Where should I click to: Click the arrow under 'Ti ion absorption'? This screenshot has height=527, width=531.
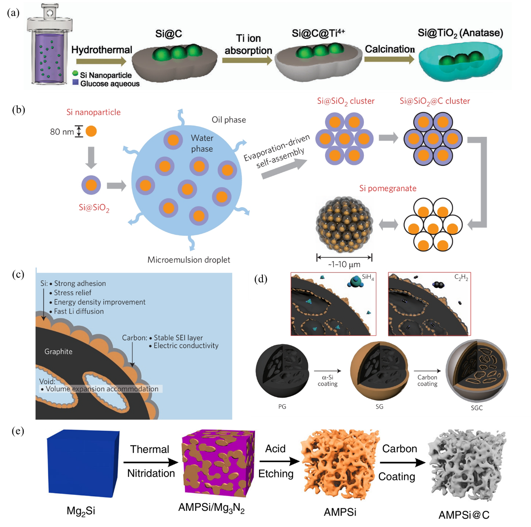point(248,60)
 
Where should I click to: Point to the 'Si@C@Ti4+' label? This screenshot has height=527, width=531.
point(318,33)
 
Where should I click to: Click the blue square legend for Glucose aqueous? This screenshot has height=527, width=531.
point(75,82)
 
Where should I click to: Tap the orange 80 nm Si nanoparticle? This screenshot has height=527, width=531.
point(91,131)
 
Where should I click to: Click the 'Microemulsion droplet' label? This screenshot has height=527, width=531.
point(189,260)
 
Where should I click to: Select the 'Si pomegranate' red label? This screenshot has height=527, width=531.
point(387,188)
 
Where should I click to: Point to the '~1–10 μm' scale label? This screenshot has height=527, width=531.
point(344,265)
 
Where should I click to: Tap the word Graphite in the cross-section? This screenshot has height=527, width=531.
point(59,352)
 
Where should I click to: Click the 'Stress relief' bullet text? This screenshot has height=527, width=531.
point(72,293)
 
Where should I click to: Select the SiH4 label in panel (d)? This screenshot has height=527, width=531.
point(368,277)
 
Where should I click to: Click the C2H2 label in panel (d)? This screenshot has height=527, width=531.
point(461,277)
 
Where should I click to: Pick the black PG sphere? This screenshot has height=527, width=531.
point(282,371)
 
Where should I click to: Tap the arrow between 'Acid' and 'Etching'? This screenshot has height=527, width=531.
point(279,461)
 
